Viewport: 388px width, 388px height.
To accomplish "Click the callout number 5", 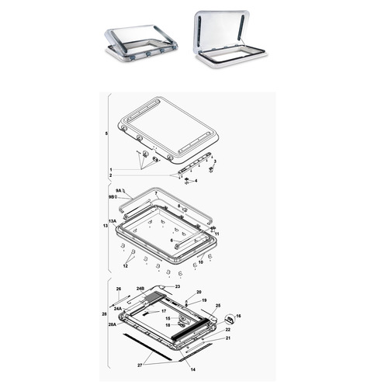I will [x=106, y=134].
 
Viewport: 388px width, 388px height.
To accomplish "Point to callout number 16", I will [x=238, y=316].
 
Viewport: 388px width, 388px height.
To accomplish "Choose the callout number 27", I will [x=140, y=364].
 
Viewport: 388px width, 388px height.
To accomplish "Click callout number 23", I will [x=177, y=286].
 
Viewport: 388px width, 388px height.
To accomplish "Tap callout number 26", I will [x=119, y=289].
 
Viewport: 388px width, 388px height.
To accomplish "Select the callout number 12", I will [x=124, y=266].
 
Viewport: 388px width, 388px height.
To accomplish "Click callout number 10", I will [x=200, y=262].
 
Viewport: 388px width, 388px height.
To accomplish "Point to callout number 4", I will [x=196, y=181].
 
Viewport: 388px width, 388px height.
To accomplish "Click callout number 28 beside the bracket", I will [x=104, y=314].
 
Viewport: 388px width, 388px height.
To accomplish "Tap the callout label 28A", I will [x=112, y=325].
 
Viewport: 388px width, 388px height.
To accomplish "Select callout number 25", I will [x=218, y=306].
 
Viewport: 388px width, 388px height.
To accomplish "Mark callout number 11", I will [x=217, y=234].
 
